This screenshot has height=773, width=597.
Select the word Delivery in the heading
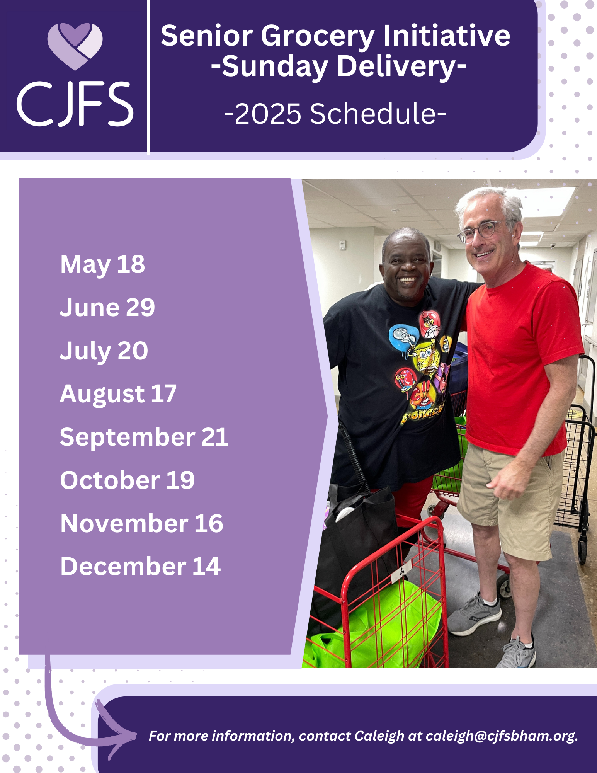402,67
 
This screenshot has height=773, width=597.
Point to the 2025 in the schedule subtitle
267,114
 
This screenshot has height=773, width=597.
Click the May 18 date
102,265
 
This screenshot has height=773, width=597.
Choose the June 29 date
107,308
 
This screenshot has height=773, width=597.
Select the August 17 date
118,395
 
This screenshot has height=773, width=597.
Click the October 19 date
128,480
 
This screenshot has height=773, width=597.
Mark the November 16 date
142,524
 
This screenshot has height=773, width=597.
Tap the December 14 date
141,567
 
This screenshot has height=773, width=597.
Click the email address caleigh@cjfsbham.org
502,736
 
